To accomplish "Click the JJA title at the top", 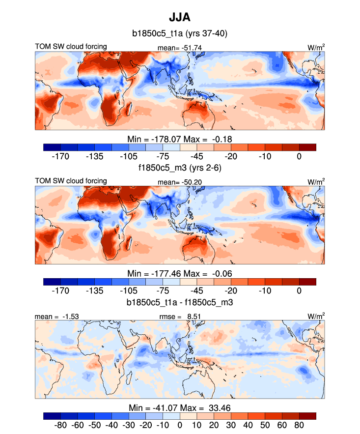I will [179, 18].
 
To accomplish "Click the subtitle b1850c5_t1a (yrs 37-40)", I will [179, 33].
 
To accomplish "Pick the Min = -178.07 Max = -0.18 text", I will [179, 139].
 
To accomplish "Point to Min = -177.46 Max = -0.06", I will [179, 273].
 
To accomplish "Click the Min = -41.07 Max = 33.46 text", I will [179, 407].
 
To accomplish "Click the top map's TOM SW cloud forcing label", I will [71, 47].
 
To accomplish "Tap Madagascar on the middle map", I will [131, 241].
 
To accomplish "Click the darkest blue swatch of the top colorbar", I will [52, 147].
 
